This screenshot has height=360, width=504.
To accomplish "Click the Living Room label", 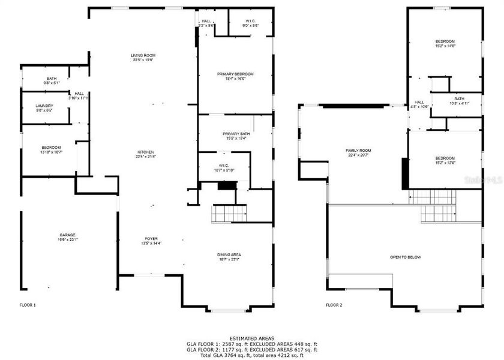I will point(143,58).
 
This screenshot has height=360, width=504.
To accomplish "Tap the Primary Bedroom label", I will point(235,76).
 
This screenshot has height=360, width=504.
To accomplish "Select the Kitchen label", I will point(146,154).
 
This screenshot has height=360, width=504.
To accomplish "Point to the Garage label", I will point(67,237).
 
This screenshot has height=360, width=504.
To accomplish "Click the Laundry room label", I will point(44,108).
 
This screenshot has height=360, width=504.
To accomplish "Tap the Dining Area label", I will point(229,257).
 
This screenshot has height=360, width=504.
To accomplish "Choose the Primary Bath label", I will point(235,136).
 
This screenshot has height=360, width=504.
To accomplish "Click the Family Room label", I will point(358,152).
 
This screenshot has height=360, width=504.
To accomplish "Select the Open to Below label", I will point(406,257).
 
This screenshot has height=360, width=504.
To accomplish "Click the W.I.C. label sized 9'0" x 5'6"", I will point(250,23).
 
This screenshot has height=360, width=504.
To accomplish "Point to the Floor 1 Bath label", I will point(52,80).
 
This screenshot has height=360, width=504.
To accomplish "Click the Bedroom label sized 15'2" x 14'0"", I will point(445,43).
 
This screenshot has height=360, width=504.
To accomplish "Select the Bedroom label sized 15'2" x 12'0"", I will point(445,160).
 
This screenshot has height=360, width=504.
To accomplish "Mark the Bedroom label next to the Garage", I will point(51,149).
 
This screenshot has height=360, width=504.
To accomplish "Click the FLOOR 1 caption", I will point(28,305).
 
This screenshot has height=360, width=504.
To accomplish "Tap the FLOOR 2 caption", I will point(334,305).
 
